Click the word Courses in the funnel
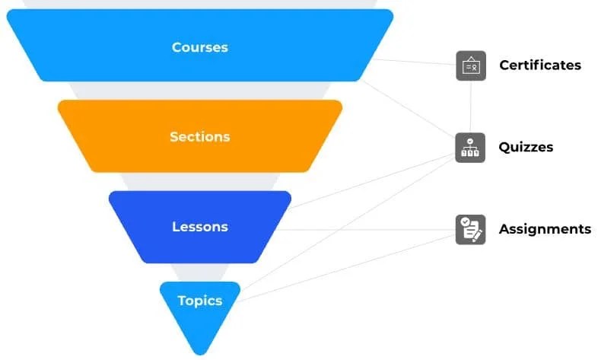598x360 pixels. tap(199, 47)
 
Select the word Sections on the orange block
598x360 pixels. tap(199, 137)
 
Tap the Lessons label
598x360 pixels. tap(199, 227)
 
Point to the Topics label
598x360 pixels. tap(199, 301)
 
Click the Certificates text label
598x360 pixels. tap(539, 65)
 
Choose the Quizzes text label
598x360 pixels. tap(526, 147)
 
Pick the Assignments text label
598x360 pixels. tap(544, 229)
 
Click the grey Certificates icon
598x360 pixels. tap(470, 65)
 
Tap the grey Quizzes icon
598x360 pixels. tap(470, 147)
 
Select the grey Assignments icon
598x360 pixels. tap(470, 229)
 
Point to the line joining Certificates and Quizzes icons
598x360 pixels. tap(470, 107)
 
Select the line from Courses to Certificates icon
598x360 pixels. tap(415, 60)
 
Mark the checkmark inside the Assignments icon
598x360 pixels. tap(466, 222)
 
